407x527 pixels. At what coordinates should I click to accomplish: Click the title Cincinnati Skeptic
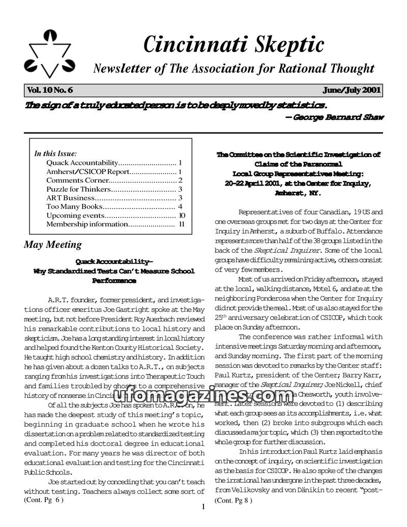tap(234, 44)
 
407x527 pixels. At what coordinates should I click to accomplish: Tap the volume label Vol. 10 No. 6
tap(50, 91)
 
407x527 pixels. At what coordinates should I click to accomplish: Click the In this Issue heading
tap(55, 153)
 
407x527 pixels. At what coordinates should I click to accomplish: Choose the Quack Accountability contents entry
tap(82, 162)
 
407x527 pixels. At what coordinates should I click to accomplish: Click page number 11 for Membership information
tap(181, 224)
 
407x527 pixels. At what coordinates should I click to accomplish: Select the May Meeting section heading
tap(53, 245)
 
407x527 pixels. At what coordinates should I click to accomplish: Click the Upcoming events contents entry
tap(75, 215)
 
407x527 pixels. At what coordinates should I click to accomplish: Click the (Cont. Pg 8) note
tap(234, 501)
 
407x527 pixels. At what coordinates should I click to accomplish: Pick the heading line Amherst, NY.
tap(298, 193)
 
